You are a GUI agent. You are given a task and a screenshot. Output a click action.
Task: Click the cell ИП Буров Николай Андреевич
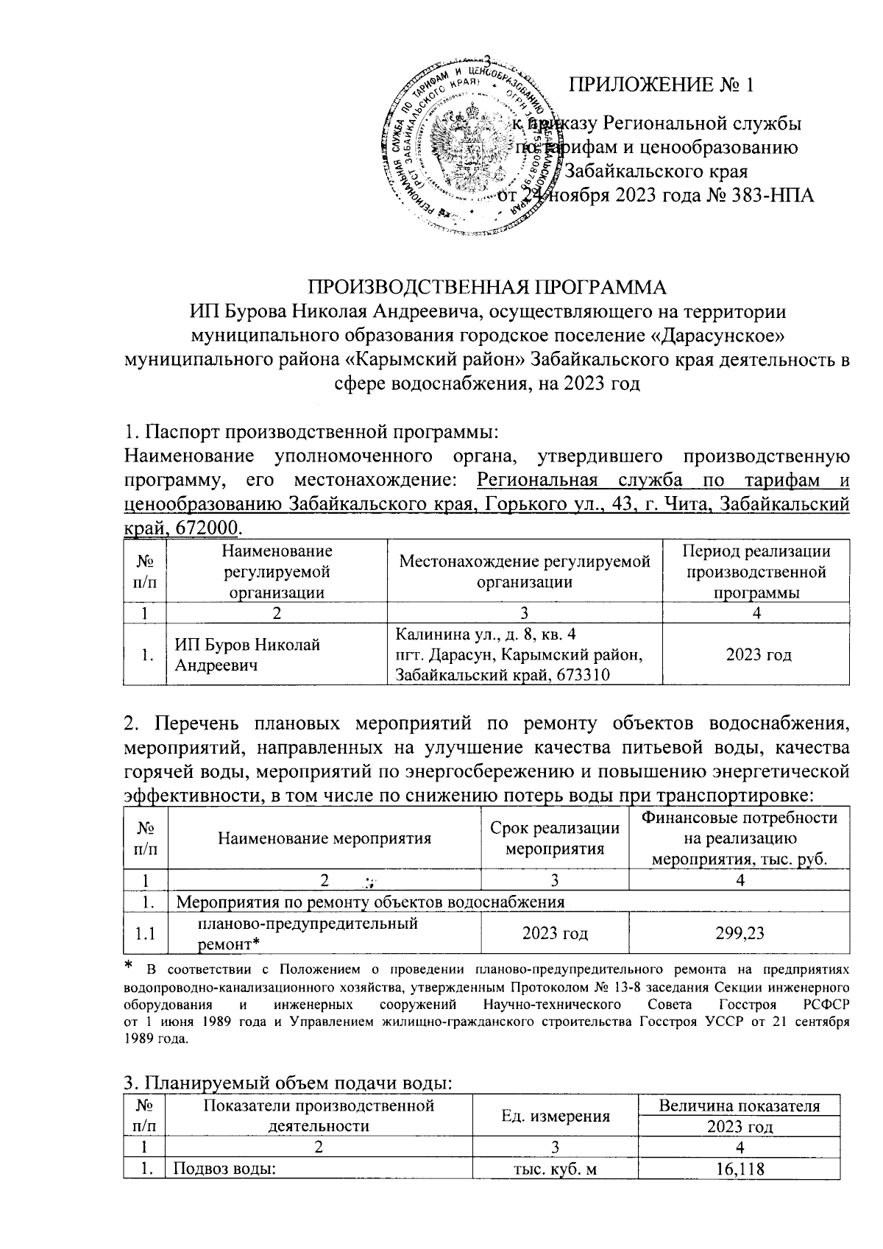click(x=247, y=654)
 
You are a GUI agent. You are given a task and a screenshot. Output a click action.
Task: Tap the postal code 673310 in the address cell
click(x=574, y=675)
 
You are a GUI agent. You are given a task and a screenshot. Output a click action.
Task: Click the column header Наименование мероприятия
click(x=324, y=838)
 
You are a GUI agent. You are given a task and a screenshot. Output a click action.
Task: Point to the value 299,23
click(x=740, y=933)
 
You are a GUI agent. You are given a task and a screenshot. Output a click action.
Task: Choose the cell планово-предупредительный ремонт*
click(x=308, y=933)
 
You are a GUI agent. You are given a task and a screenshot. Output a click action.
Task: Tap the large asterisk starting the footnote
click(x=129, y=965)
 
